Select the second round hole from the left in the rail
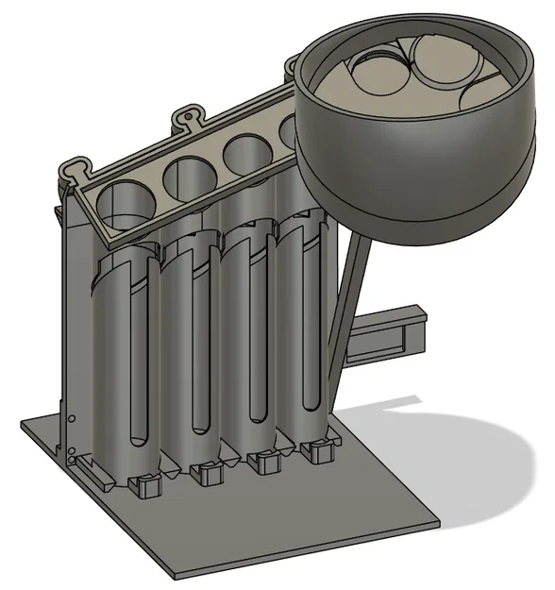point(187,175)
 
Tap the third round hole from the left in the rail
point(244,150)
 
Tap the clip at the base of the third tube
point(263,464)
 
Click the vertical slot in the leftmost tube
point(140,378)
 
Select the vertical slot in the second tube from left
point(200,368)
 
